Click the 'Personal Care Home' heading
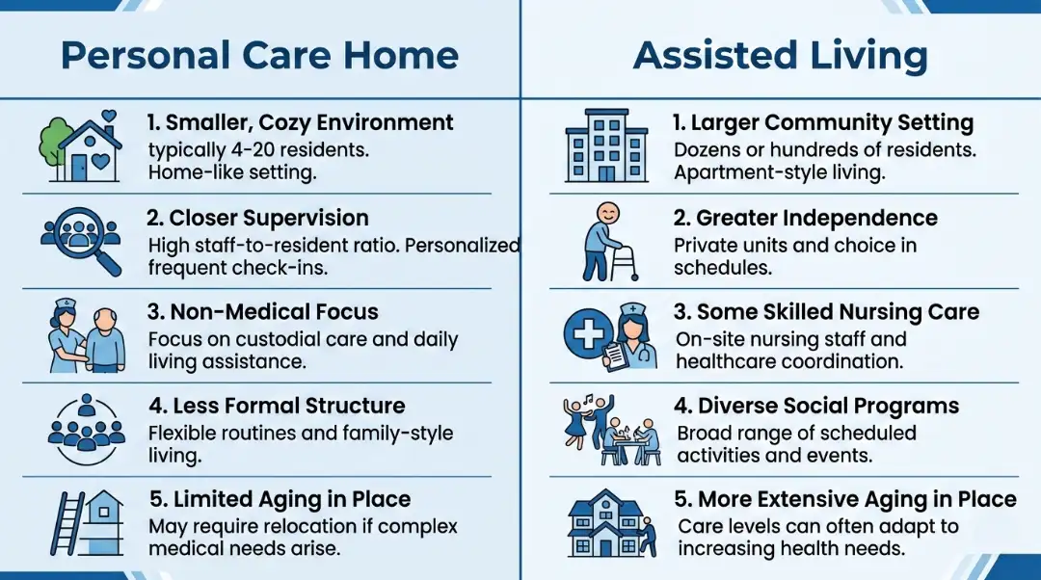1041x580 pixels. [260, 55]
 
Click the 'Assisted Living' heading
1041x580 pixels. [781, 55]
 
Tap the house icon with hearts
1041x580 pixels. [82, 146]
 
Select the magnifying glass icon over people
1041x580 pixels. [82, 241]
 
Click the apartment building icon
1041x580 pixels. [604, 146]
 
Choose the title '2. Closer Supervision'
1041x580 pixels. [257, 218]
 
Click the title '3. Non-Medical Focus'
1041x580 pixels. [263, 312]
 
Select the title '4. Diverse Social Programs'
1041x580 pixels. [815, 406]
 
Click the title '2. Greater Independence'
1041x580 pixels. [805, 218]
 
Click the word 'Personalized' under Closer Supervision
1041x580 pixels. [462, 246]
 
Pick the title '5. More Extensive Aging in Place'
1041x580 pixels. [844, 499]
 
